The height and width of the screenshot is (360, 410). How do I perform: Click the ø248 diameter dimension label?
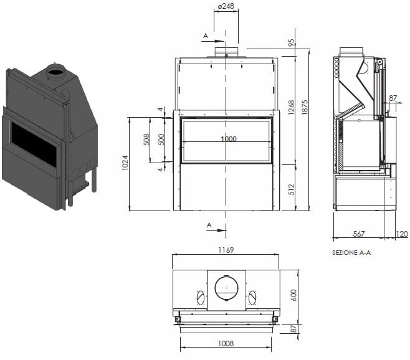click(x=225, y=6)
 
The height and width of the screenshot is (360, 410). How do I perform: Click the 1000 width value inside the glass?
click(x=228, y=139)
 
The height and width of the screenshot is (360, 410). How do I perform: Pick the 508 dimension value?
click(x=146, y=140)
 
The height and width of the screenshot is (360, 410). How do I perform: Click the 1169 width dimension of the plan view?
click(x=226, y=250)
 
